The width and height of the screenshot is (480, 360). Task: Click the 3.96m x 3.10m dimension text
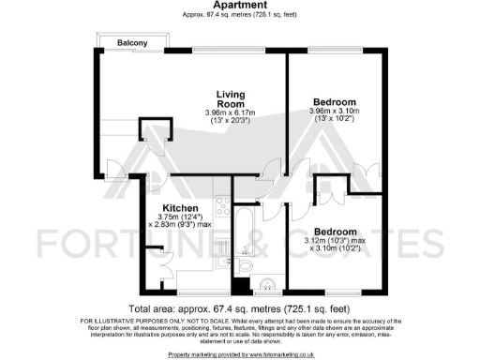pos(335,112)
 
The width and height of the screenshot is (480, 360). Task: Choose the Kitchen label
pos(179,207)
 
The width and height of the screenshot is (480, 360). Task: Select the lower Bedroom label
pos(335,232)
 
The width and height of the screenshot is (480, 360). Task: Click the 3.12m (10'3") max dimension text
pos(336,242)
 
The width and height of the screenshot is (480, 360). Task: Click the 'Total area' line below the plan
pos(240,307)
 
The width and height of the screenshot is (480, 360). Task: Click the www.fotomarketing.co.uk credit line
pos(240,353)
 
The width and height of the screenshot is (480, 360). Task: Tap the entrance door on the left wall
pos(112,169)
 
